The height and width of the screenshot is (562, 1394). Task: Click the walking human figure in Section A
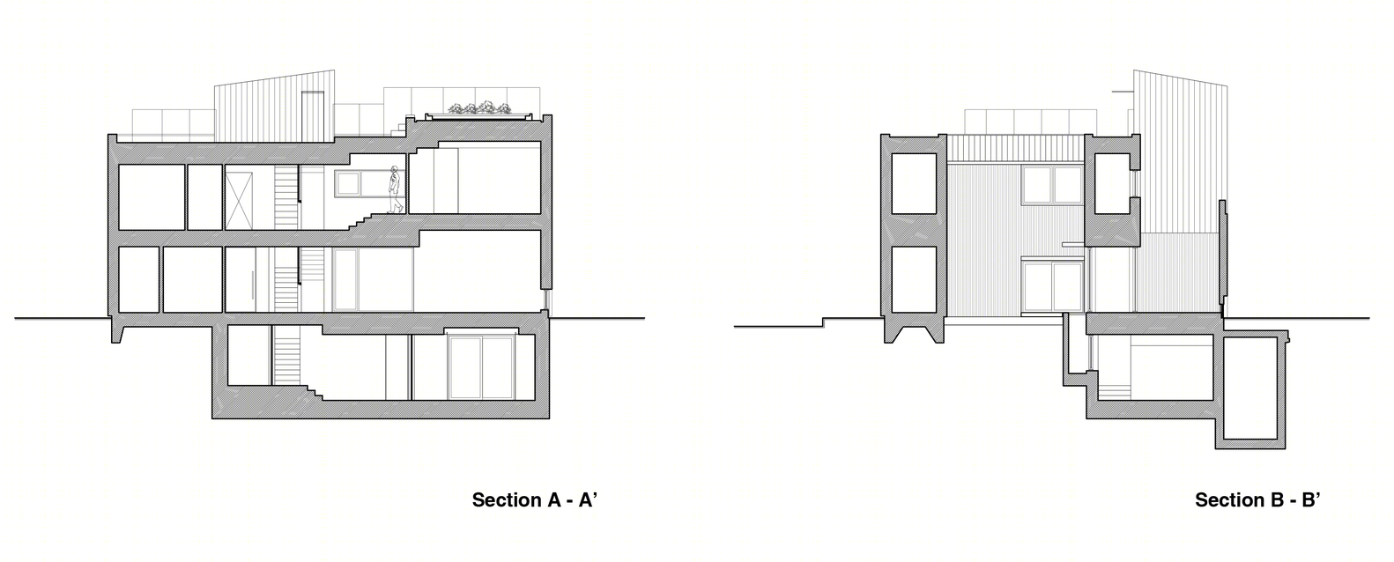394,189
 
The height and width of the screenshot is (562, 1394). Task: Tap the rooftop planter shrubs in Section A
479,109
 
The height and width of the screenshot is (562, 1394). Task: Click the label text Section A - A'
535,499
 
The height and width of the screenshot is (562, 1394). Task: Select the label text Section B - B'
1257,499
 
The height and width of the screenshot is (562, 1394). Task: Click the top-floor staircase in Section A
286,197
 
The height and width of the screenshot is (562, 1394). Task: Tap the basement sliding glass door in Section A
482,367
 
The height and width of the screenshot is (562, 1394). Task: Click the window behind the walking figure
349,183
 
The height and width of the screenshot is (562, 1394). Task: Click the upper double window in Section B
1053,185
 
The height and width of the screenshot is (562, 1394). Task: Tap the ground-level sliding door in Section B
1053,287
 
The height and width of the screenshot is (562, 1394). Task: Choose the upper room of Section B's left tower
914,183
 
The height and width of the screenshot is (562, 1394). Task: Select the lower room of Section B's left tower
914,279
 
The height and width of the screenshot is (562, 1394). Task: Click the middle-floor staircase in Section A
286,279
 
